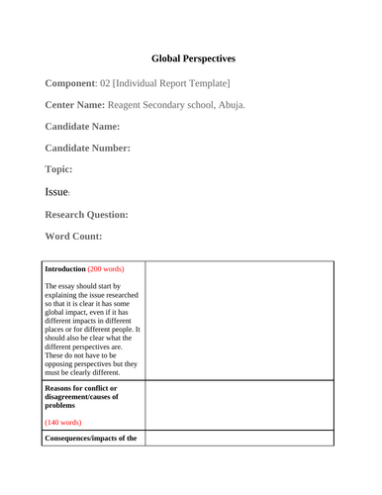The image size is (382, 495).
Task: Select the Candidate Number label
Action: tap(88, 148)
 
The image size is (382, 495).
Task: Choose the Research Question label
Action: tap(86, 214)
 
